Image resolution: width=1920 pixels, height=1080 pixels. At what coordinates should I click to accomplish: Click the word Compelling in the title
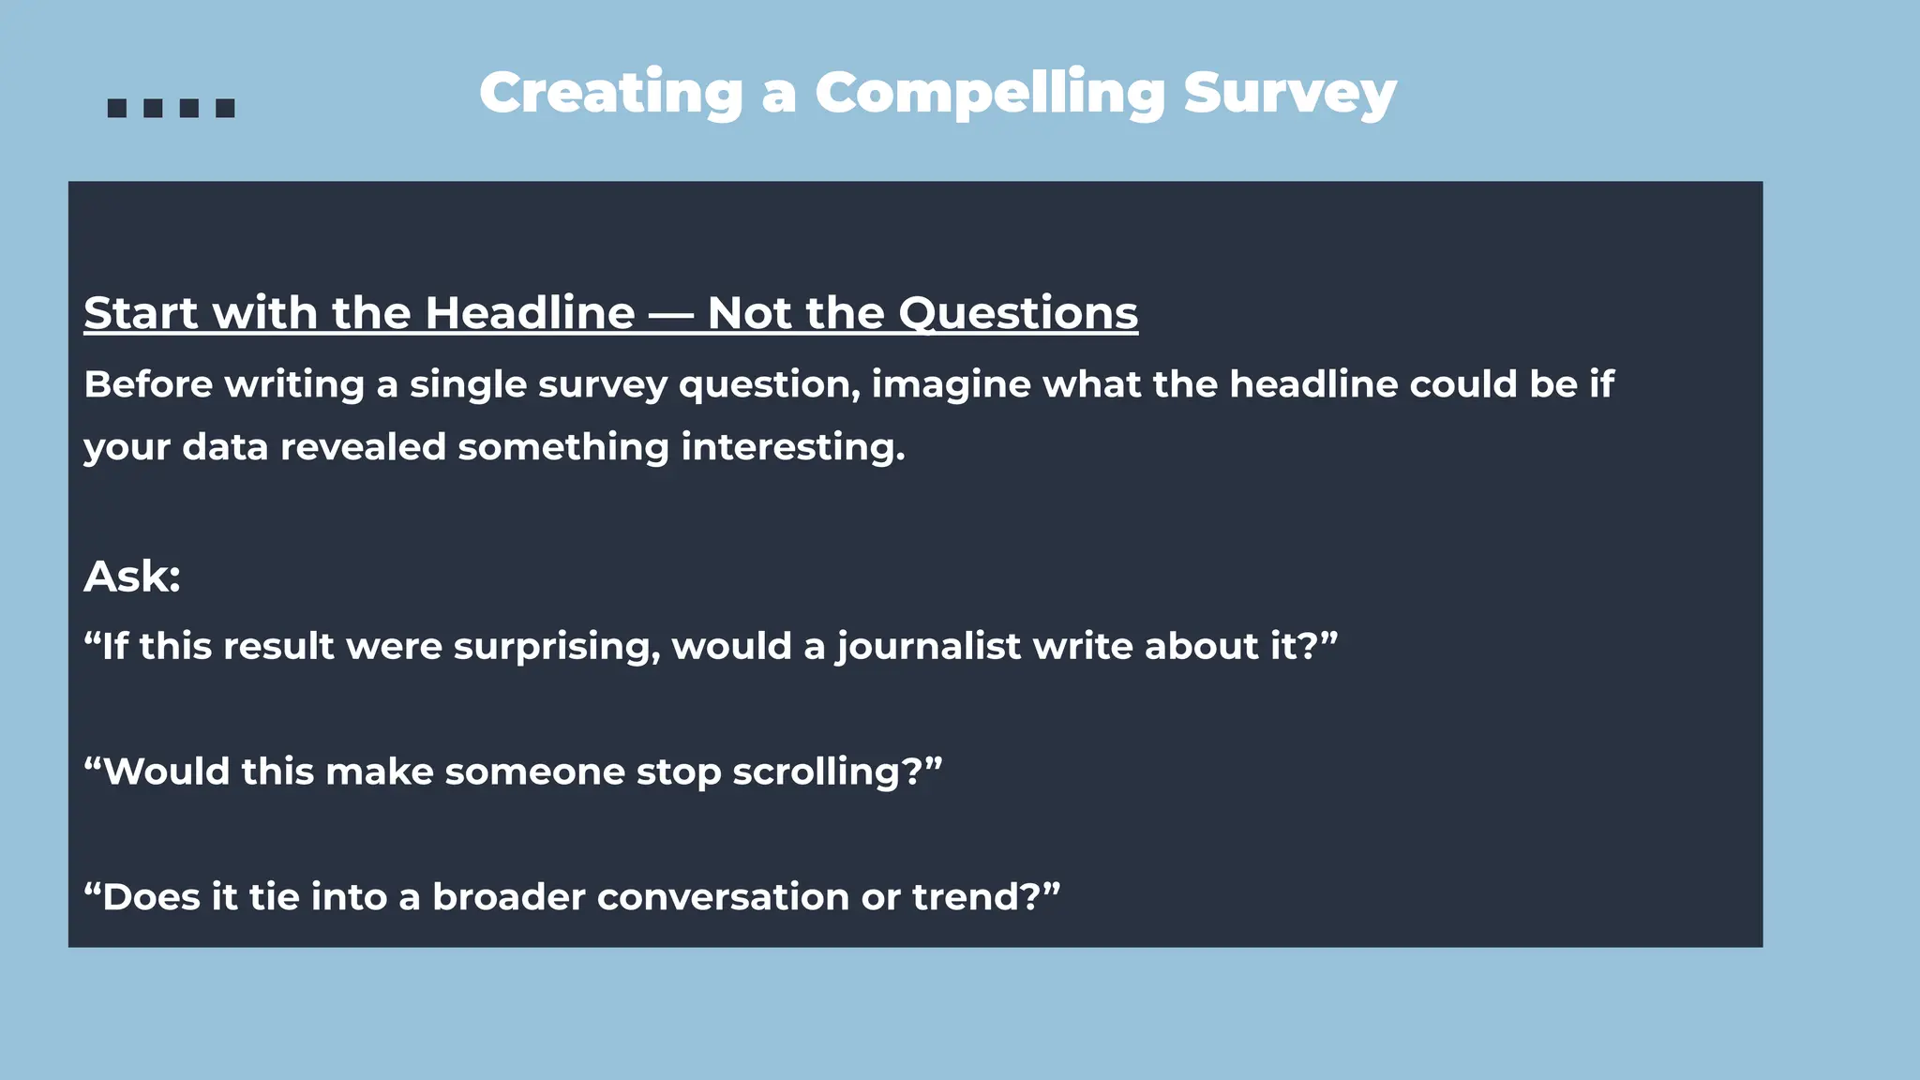[x=990, y=94]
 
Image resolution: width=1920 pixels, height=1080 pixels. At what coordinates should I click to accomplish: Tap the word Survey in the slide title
[x=1290, y=94]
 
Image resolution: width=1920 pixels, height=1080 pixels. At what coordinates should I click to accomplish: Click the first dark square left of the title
[x=117, y=109]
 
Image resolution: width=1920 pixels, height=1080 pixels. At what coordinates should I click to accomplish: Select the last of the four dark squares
[x=225, y=109]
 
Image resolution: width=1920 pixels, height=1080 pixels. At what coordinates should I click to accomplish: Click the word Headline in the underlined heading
[x=530, y=312]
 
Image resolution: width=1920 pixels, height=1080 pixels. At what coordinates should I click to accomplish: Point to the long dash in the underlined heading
[x=671, y=314]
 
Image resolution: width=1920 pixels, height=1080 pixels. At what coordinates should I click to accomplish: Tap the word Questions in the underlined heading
[x=1018, y=312]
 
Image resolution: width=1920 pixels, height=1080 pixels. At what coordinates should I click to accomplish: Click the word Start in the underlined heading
[x=142, y=312]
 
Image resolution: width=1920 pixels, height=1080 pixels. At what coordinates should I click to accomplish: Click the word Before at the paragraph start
[x=148, y=384]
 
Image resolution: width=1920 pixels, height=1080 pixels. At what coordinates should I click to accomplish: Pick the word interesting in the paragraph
[x=792, y=447]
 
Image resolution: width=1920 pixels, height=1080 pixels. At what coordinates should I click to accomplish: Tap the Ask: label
[x=132, y=576]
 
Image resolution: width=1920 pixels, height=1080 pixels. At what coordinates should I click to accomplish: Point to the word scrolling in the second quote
[x=815, y=772]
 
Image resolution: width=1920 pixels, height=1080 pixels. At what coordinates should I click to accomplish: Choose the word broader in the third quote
[x=508, y=897]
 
